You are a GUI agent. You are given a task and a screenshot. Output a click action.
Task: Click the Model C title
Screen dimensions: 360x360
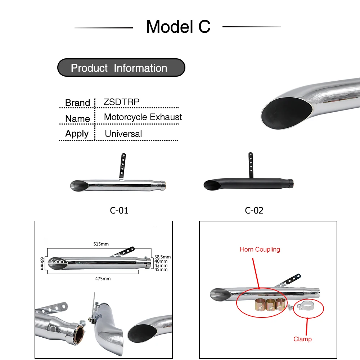tap(178, 27)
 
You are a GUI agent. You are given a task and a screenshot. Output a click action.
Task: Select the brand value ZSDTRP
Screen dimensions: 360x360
tap(121, 102)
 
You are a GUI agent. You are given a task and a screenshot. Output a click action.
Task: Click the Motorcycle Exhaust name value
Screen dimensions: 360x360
tap(143, 117)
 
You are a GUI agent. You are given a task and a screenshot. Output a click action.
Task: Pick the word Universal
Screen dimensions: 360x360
tap(123, 134)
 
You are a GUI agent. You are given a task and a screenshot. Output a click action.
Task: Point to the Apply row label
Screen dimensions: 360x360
tap(77, 134)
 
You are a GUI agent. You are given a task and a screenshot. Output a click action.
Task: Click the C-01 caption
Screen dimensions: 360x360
tap(119, 210)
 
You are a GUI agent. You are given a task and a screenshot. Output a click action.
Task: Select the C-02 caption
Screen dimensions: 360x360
tap(254, 210)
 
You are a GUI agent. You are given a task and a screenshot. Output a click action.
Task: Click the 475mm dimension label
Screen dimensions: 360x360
tap(103, 278)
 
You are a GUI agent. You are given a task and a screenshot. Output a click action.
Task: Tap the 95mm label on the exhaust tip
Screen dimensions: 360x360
tap(57, 261)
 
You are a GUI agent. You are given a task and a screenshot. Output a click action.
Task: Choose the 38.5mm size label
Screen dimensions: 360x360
tap(162, 257)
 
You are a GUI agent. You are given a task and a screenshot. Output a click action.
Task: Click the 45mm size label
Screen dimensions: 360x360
tap(161, 269)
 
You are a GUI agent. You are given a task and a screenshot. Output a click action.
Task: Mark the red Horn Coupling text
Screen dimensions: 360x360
tap(260, 249)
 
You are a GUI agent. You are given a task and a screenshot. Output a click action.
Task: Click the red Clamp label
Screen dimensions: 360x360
tap(302, 339)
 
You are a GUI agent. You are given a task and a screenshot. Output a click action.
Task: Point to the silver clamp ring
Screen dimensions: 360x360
tap(303, 307)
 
